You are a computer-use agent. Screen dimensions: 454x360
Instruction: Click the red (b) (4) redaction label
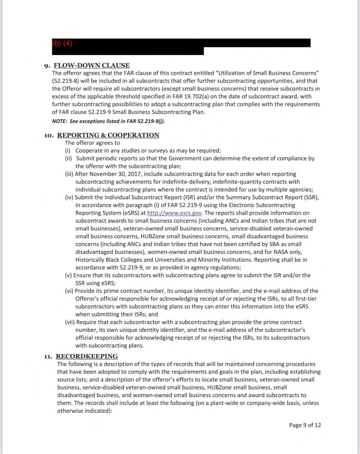62,43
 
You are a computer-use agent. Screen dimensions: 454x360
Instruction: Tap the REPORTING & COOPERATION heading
108,135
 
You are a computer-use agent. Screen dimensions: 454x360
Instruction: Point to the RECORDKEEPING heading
87,356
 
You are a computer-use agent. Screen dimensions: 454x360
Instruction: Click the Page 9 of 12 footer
305,425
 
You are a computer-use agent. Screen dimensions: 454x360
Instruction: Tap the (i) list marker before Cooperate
68,151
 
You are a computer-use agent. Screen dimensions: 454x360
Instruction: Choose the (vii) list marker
70,322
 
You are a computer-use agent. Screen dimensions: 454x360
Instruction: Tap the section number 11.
48,356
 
